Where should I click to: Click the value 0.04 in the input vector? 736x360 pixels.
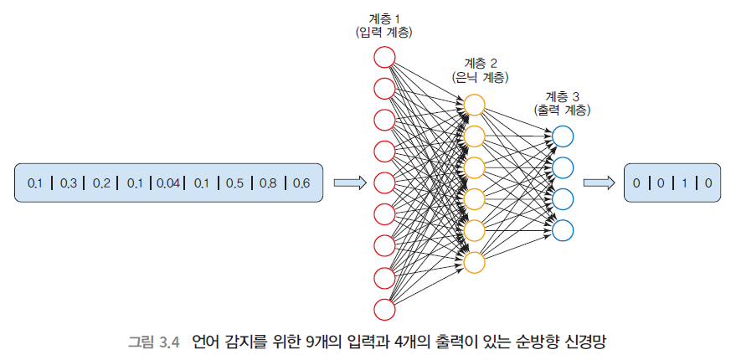tap(167, 183)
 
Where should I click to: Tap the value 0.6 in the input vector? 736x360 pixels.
tap(301, 183)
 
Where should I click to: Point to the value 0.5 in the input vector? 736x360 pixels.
tap(234, 183)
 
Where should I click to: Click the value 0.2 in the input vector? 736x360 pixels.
tap(101, 183)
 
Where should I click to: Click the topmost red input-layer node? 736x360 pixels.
tap(384, 57)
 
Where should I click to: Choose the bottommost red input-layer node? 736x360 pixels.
tap(384, 309)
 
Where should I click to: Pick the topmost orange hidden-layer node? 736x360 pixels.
tap(474, 105)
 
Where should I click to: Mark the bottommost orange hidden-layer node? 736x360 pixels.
tap(474, 262)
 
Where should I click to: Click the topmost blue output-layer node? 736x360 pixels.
tap(563, 136)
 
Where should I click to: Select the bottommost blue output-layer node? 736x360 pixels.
tap(563, 230)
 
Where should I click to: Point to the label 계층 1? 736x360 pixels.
tap(384, 18)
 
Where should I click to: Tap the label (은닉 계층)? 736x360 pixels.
tap(480, 77)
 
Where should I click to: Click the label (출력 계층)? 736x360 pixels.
tap(561, 110)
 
